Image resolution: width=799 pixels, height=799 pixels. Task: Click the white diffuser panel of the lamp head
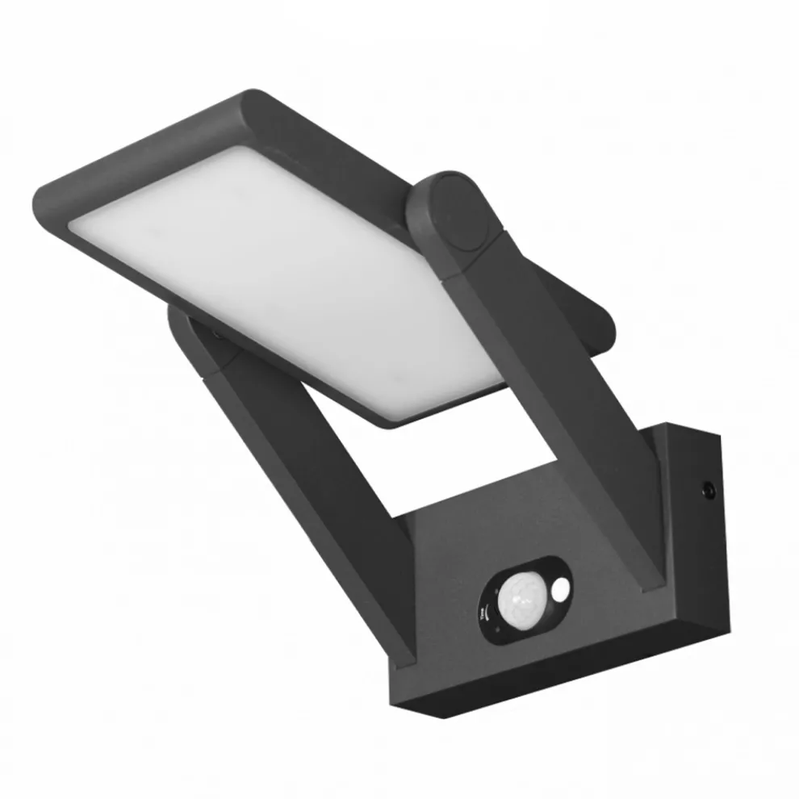(x=274, y=266)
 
